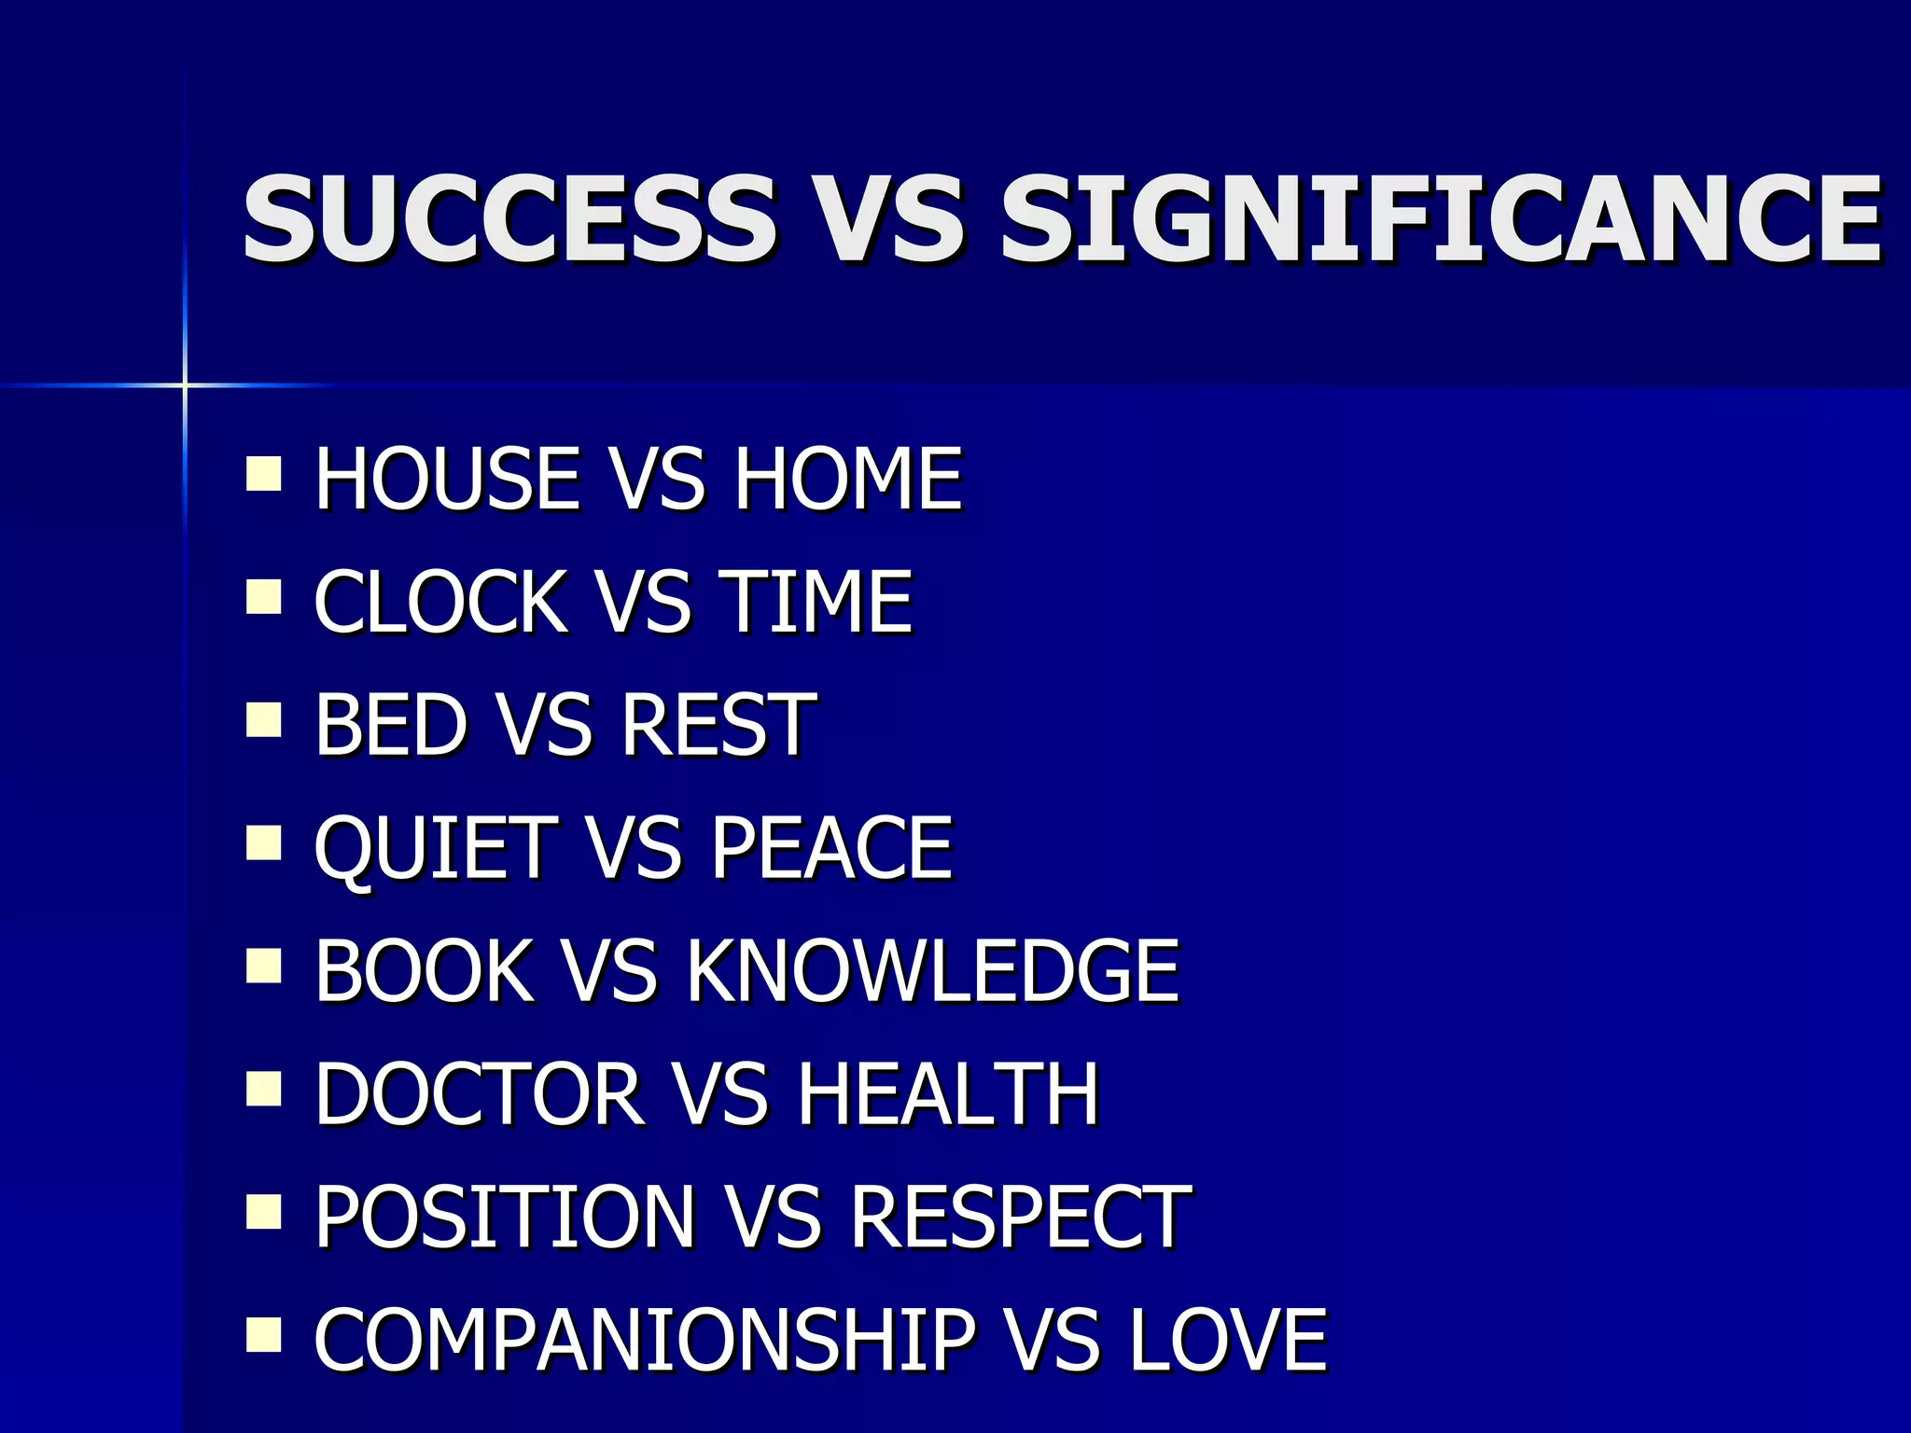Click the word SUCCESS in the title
click(x=509, y=220)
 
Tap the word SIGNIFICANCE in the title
click(x=1442, y=220)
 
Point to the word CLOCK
click(x=440, y=603)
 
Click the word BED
click(x=391, y=725)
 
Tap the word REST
click(x=718, y=725)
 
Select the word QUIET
click(x=436, y=849)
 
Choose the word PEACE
click(x=831, y=849)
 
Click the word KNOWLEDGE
click(x=933, y=972)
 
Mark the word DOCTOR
click(x=479, y=1094)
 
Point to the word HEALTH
click(x=947, y=1094)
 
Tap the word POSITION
click(x=505, y=1217)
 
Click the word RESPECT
click(x=1021, y=1217)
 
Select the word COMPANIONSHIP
click(x=644, y=1341)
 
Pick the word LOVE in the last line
click(x=1228, y=1341)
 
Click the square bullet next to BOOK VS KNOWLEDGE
click(x=264, y=967)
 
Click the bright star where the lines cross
click(x=185, y=384)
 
